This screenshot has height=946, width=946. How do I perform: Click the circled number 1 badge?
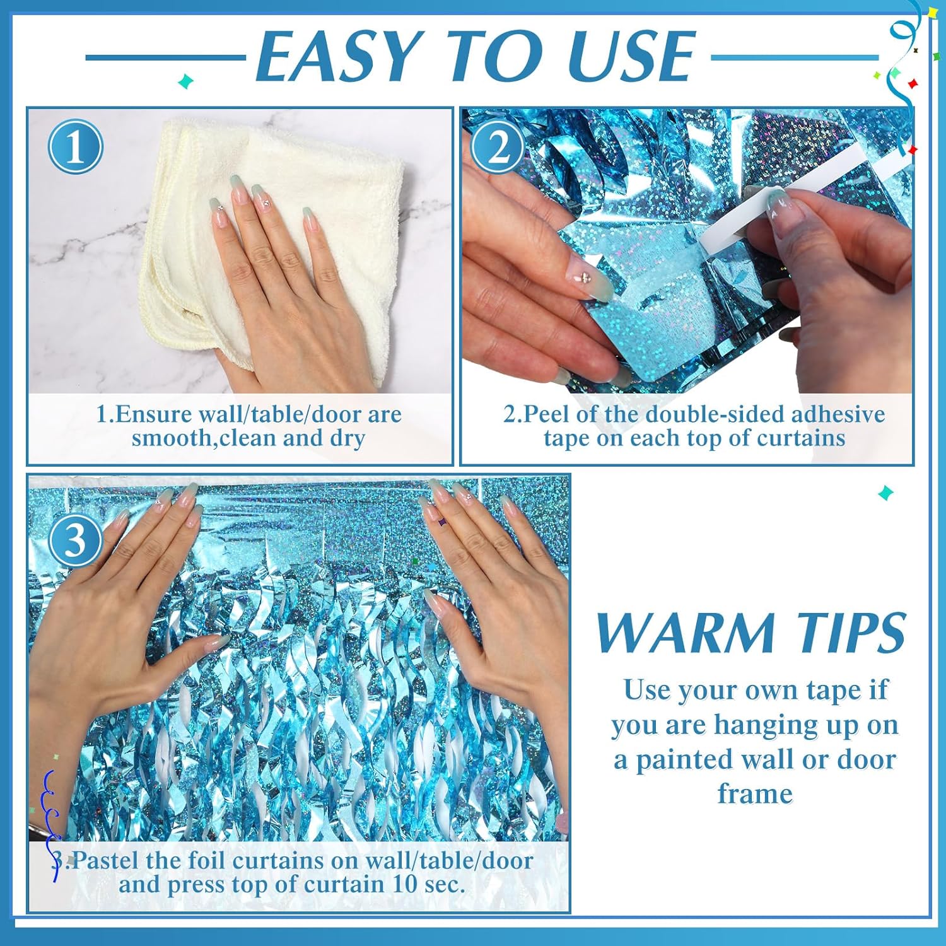75,147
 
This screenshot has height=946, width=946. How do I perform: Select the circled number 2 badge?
498,147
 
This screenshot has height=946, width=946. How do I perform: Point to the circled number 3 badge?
75,540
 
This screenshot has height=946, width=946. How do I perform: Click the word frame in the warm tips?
755,794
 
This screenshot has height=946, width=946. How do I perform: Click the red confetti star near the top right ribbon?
911,83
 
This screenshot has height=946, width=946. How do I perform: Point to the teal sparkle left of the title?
185,81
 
